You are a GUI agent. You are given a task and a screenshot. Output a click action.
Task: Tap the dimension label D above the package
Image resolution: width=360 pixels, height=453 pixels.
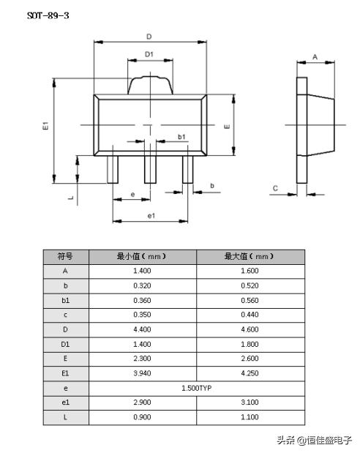[149, 36]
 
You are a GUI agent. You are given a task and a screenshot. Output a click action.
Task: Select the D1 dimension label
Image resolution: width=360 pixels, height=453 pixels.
[149, 54]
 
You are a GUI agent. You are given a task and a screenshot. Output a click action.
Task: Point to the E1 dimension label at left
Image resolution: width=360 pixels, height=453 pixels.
[45, 126]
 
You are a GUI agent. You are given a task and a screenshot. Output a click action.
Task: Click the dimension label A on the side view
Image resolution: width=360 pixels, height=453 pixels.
[315, 56]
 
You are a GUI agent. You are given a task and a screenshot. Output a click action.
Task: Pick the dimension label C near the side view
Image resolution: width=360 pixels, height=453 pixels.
[275, 189]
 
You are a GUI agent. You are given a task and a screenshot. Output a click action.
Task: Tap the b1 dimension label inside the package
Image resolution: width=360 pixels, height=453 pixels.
[181, 137]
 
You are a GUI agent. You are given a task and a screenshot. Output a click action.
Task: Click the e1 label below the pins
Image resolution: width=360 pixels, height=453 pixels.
[151, 215]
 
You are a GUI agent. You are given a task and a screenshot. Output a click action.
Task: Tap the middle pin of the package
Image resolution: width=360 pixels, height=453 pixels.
[149, 168]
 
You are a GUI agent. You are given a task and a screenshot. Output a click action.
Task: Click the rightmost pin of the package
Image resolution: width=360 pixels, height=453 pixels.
[187, 168]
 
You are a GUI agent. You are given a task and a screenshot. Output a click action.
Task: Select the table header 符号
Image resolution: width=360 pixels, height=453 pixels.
[65, 256]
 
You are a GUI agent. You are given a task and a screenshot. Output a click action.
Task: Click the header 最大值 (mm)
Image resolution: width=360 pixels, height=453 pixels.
[250, 256]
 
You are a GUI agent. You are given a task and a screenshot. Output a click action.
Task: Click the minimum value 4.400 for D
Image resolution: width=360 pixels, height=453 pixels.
[142, 329]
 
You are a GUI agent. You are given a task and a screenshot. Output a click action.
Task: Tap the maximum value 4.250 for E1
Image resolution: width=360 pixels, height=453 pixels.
[250, 373]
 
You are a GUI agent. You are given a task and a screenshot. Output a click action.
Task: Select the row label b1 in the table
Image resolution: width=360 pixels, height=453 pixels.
[65, 300]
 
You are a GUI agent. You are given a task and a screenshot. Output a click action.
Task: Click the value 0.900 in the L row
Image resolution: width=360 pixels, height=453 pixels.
[142, 417]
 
